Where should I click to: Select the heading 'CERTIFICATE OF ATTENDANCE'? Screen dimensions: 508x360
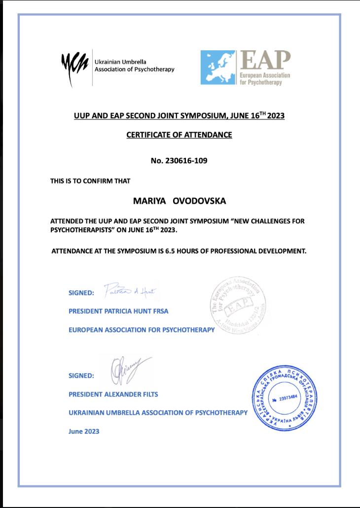tap(179, 135)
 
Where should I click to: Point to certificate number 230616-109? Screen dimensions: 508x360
tap(179, 160)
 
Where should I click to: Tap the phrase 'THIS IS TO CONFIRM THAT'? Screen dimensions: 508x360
tap(90, 181)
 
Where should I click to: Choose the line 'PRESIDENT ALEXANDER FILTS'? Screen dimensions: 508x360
tap(113, 394)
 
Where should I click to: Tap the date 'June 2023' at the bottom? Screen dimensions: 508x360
tap(84, 431)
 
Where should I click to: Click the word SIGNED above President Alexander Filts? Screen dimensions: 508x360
tap(81, 376)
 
